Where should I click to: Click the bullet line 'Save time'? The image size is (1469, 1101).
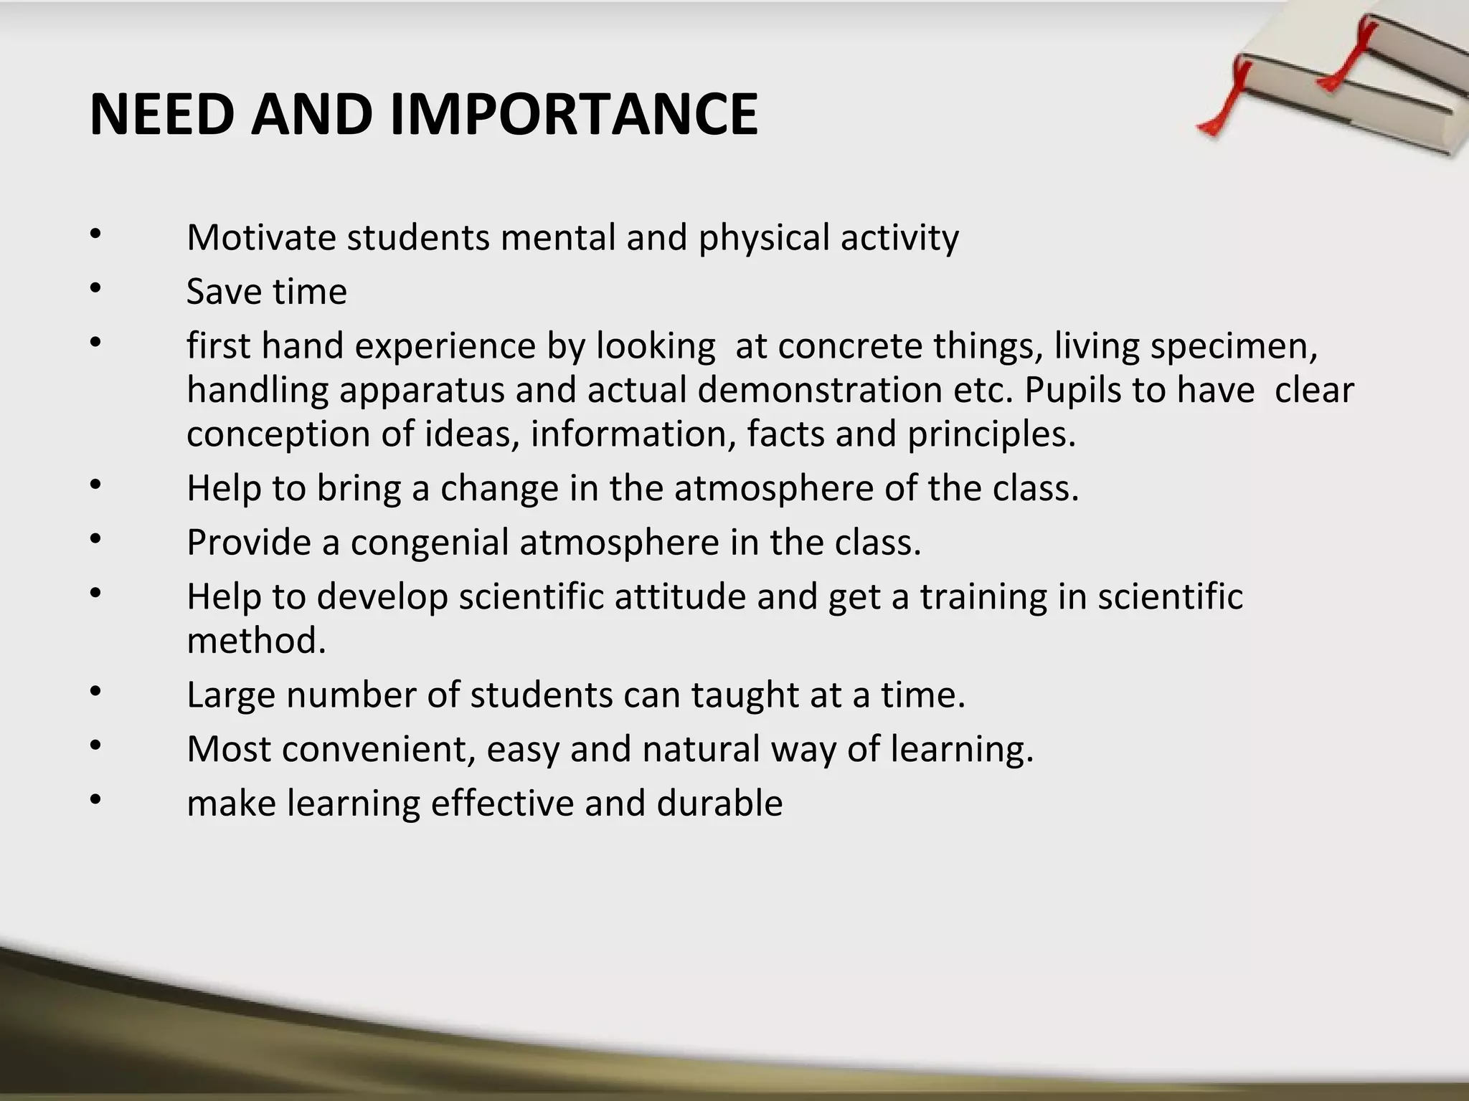[x=267, y=292]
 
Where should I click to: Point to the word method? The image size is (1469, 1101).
[x=256, y=640]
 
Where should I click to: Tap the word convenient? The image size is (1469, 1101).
[x=379, y=749]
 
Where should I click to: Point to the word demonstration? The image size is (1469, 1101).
[x=820, y=391]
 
